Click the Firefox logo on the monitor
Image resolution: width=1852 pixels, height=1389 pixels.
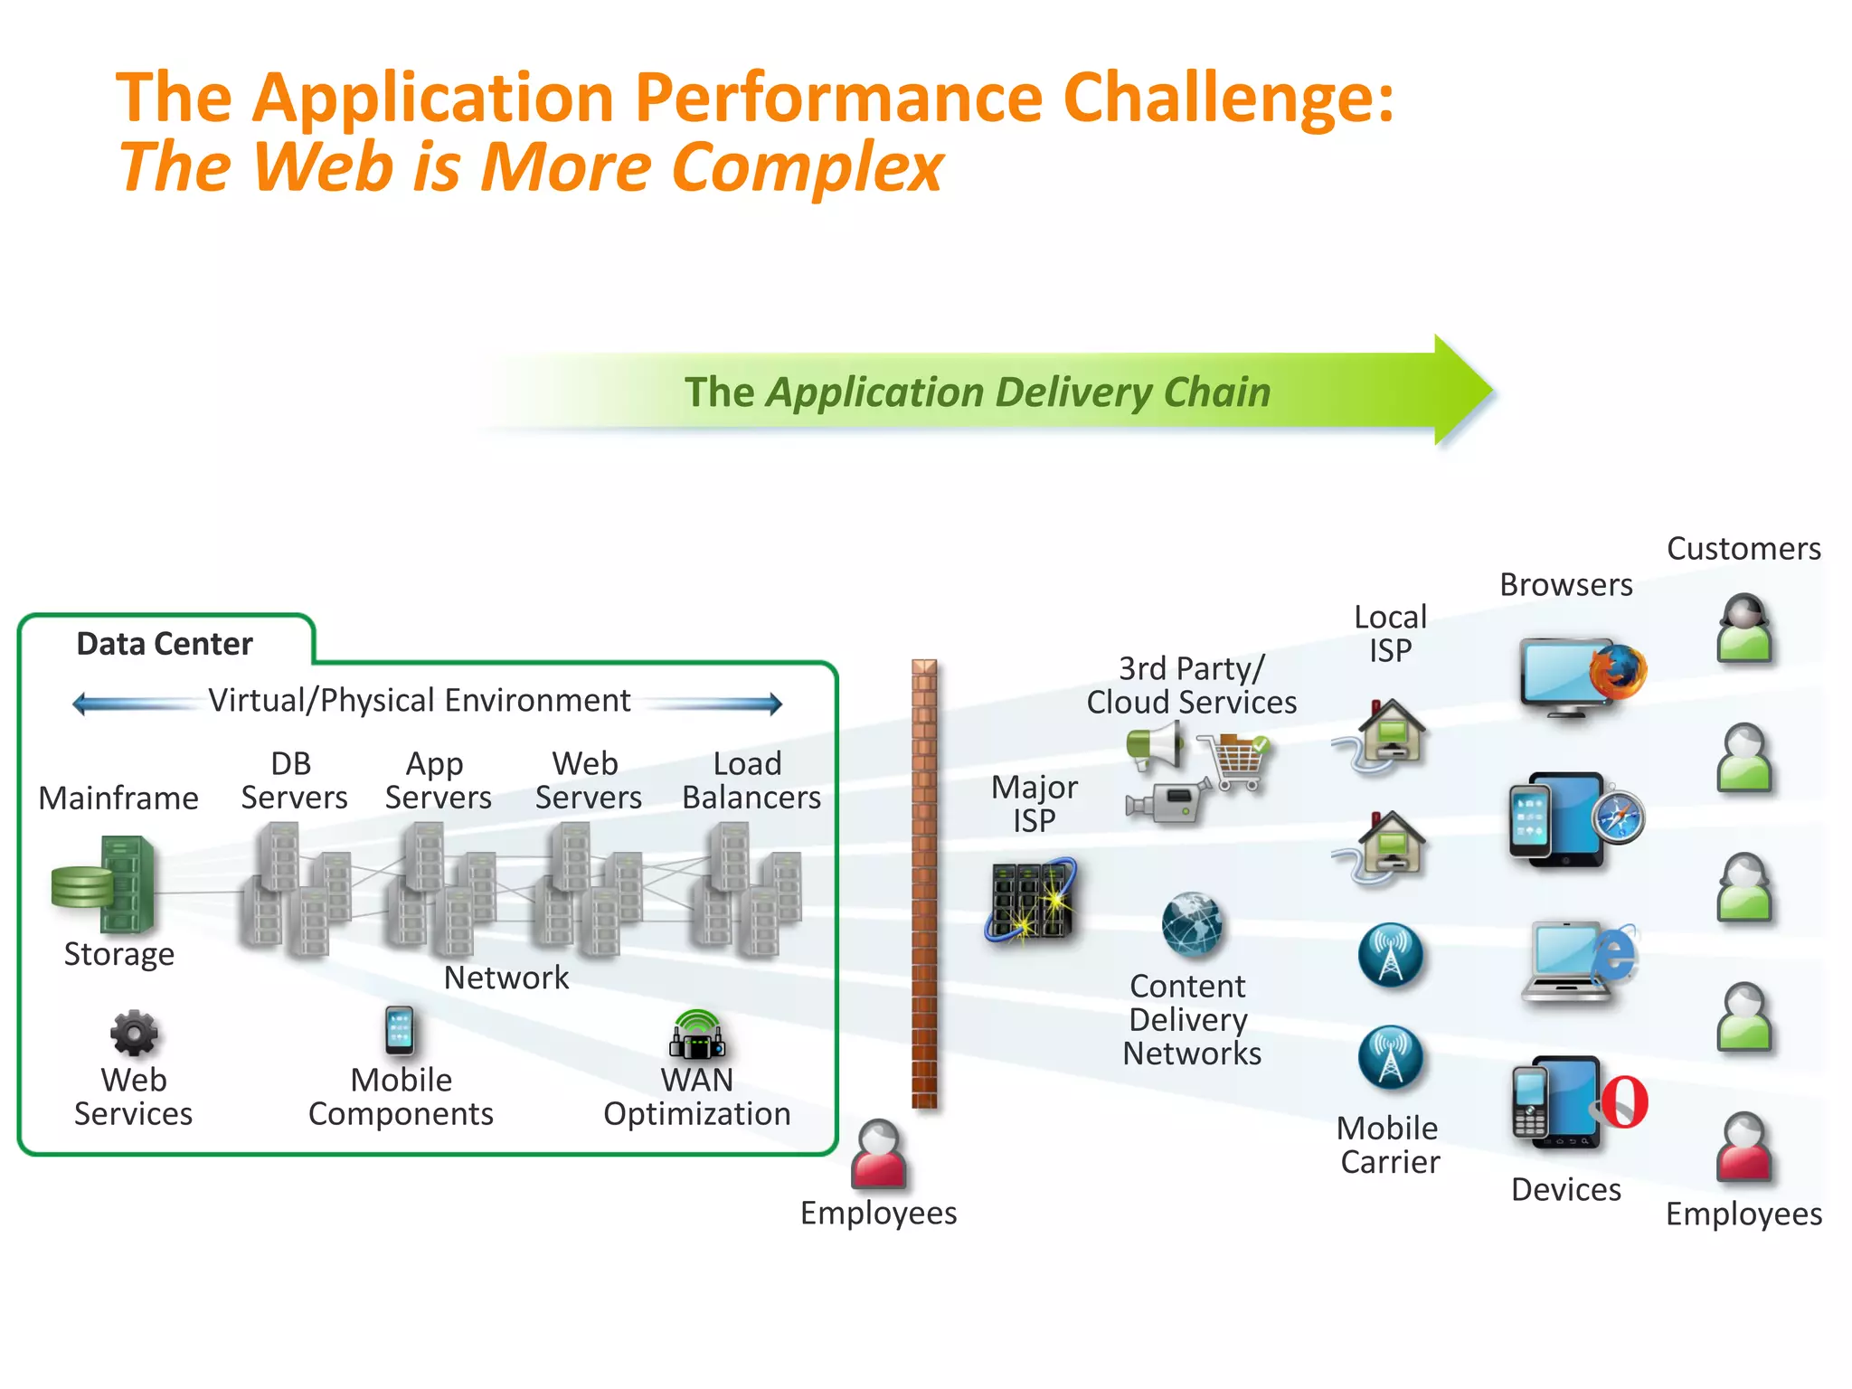point(1619,672)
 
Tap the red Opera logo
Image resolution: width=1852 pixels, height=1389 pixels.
point(1624,1101)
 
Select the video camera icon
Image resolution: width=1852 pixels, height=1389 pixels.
point(1167,800)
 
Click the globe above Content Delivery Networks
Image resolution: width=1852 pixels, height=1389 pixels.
point(1192,925)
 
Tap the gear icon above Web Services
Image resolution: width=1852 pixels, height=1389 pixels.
point(134,1033)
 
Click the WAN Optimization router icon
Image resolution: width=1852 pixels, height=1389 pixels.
point(697,1036)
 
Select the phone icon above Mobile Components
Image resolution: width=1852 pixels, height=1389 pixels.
point(400,1031)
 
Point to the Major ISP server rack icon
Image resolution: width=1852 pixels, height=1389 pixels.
point(1032,900)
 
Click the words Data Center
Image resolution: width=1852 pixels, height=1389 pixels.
point(165,644)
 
